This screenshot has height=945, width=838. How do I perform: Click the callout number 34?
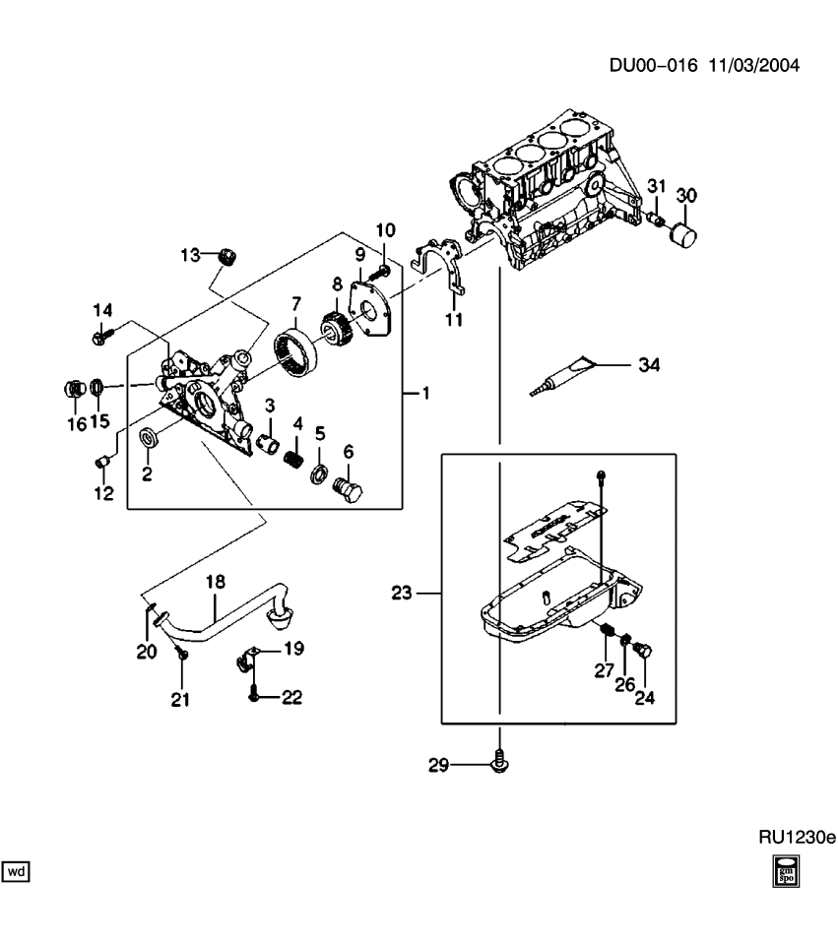(647, 365)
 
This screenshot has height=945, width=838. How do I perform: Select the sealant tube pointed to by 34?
(566, 376)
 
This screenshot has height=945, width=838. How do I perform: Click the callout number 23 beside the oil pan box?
(401, 593)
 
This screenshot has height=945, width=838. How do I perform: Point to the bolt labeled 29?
(500, 761)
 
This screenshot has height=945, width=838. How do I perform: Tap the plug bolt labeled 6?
(345, 489)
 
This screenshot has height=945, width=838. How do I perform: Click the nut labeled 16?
(74, 388)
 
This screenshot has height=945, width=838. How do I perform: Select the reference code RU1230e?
(796, 838)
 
